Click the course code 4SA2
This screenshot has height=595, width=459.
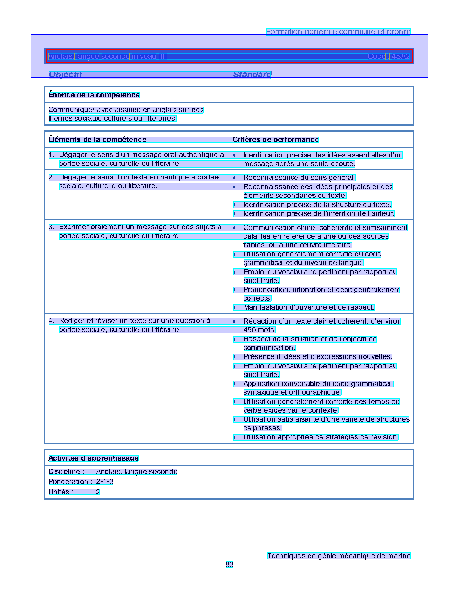[401, 57]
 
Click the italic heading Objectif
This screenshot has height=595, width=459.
[66, 75]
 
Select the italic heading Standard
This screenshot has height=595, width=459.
[252, 75]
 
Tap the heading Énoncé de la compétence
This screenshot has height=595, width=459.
[94, 95]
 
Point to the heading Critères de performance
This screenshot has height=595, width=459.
[275, 140]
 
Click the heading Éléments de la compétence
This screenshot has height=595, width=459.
[98, 140]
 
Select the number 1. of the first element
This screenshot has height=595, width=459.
[51, 155]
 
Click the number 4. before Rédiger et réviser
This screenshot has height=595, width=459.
[51, 321]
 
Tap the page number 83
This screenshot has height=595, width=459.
[229, 565]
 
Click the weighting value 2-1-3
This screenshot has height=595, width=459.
[105, 482]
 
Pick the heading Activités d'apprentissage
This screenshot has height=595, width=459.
[94, 458]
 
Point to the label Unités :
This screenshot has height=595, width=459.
[61, 492]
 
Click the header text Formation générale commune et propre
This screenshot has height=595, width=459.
[338, 32]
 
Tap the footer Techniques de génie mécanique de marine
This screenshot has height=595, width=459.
[338, 556]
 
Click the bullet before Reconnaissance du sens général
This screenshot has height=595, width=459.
[234, 178]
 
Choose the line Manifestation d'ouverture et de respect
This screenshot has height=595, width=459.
[309, 307]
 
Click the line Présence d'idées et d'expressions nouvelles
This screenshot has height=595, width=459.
[318, 357]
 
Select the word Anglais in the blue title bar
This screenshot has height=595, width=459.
[61, 57]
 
